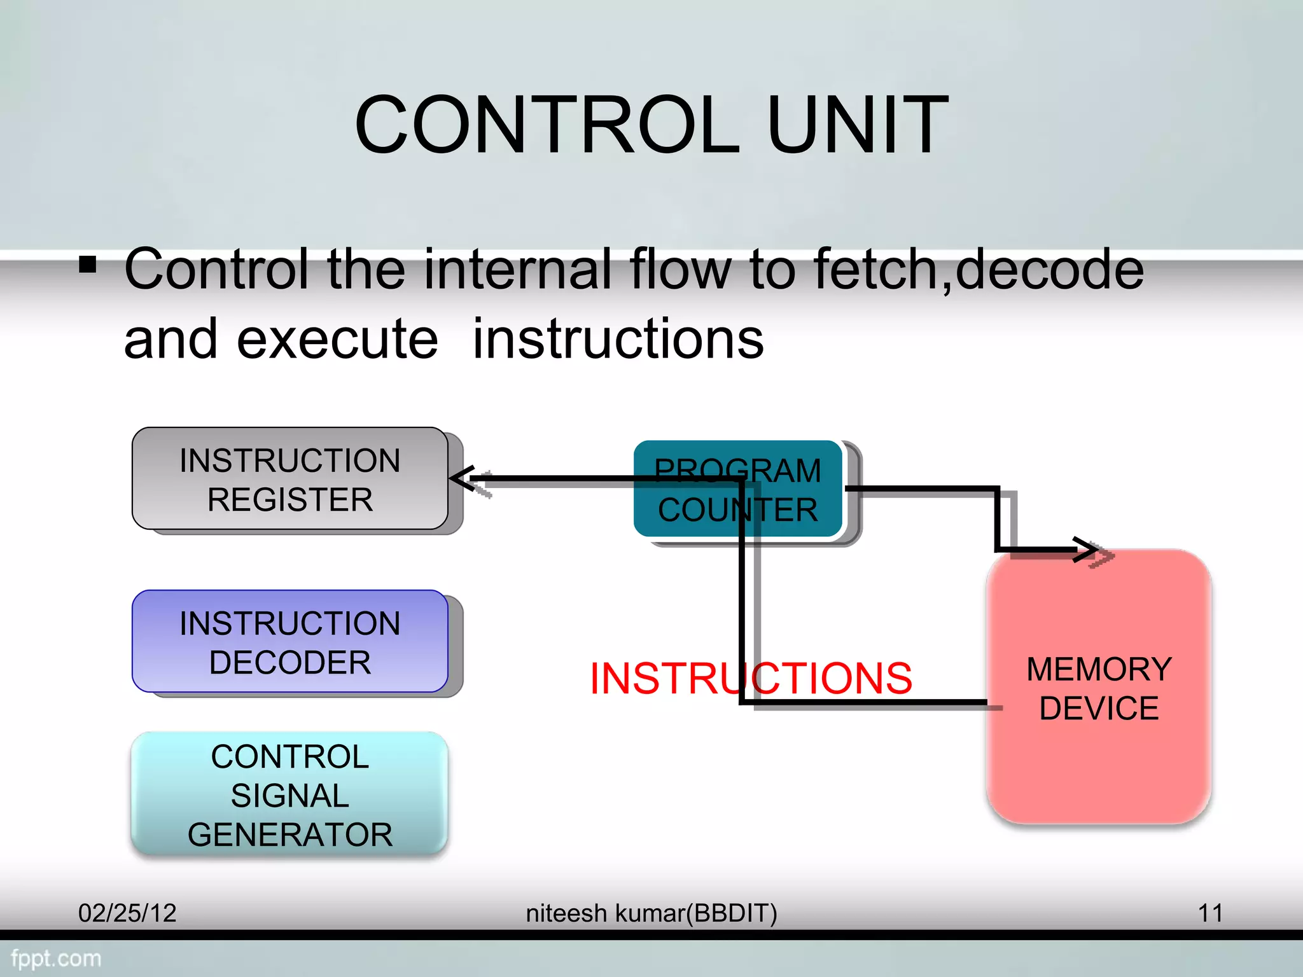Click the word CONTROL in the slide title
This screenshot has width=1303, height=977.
tap(547, 125)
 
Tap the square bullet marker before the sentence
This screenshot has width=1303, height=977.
tap(88, 264)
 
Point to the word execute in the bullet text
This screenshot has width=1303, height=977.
tap(337, 339)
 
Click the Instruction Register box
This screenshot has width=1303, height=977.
tap(290, 479)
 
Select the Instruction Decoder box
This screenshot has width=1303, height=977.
tap(290, 642)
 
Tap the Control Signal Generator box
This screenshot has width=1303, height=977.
tap(290, 794)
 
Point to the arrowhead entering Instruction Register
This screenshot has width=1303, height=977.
tap(462, 478)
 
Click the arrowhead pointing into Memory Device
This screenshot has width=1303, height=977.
tap(1087, 550)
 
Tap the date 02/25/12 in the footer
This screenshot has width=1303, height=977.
tap(127, 913)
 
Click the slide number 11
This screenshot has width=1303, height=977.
tap(1210, 913)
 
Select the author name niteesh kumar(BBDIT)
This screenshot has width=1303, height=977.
tap(651, 913)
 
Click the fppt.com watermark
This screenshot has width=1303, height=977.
tap(56, 959)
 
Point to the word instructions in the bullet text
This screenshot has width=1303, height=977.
tap(618, 339)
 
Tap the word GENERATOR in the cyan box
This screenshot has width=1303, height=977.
tap(290, 835)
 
